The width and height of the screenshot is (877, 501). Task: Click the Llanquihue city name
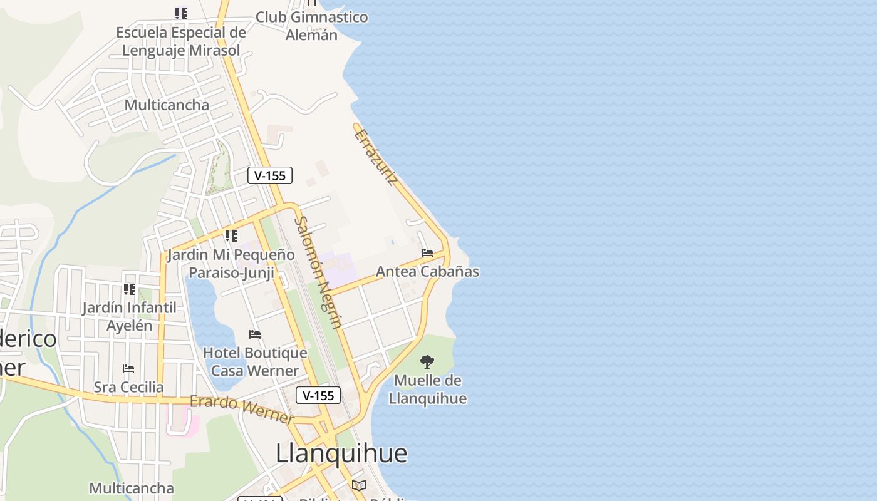point(341,453)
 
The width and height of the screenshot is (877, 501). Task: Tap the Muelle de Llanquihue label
point(428,390)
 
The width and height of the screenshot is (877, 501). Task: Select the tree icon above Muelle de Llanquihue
point(427,361)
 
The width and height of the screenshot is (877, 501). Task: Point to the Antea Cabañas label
point(427,271)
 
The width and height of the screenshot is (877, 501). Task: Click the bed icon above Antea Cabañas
point(427,253)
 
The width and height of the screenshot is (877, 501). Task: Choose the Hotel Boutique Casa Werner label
point(255,362)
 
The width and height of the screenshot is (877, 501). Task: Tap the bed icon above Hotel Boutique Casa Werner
point(255,334)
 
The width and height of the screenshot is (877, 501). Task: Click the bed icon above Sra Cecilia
point(128,369)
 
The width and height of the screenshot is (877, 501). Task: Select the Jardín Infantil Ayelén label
point(129,316)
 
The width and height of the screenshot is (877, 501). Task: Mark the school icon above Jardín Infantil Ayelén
point(129,289)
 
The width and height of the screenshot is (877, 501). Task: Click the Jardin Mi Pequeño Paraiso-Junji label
point(231,264)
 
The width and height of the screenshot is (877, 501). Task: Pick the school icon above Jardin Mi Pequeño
point(231,236)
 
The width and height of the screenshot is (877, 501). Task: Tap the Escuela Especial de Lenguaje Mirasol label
point(181,41)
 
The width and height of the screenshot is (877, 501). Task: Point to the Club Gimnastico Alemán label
point(311,26)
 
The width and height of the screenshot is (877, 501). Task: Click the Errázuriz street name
point(376,157)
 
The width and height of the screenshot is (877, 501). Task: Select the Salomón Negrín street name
point(318,272)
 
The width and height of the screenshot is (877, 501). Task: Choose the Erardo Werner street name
point(242,408)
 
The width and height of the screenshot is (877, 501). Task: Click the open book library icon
point(359,485)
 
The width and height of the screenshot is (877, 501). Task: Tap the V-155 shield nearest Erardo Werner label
point(318,395)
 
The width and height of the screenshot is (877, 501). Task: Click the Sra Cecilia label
point(128,387)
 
